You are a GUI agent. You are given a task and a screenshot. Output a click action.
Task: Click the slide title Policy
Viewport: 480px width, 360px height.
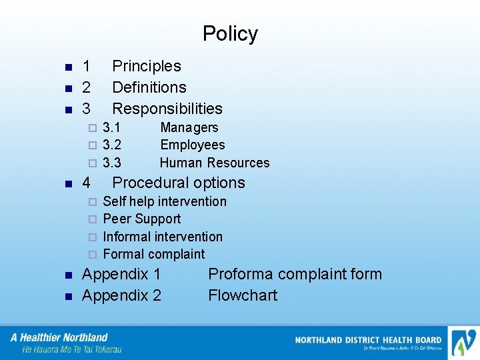coord(230,34)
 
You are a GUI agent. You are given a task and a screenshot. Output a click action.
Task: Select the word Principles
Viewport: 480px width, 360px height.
coord(147,66)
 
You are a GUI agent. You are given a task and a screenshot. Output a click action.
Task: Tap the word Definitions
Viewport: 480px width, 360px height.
coord(149,87)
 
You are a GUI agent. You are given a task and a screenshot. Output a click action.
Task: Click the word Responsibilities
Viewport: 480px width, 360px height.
coord(167,109)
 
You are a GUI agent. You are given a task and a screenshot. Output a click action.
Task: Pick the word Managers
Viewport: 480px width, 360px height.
coord(189,127)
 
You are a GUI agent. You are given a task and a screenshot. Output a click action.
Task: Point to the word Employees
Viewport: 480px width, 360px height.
coord(193,145)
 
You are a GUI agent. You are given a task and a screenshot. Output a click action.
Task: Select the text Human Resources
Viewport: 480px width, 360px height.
coord(215,163)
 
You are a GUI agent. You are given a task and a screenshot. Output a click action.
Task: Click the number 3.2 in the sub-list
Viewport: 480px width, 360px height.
coord(112,145)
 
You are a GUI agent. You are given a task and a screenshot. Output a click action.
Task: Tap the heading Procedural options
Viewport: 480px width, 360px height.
coord(179,183)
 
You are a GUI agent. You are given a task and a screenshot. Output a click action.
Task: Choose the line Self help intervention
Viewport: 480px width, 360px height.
coord(165,201)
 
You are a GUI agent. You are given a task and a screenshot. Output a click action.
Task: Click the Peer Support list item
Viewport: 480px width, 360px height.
coord(142,219)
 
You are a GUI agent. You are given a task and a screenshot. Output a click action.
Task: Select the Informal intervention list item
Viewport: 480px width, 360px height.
coord(163,237)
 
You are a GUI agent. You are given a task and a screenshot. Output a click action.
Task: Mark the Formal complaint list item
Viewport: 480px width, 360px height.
coord(154,254)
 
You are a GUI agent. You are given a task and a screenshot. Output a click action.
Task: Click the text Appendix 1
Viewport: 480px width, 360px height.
coord(121,274)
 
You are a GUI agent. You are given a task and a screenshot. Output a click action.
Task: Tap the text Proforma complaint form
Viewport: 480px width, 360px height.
coord(295,274)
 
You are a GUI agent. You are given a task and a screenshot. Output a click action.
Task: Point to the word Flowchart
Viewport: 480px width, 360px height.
coord(243,295)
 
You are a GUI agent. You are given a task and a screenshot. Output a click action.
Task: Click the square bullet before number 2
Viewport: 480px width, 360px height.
coord(67,88)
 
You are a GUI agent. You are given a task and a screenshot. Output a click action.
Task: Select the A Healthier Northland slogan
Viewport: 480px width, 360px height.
coord(59,337)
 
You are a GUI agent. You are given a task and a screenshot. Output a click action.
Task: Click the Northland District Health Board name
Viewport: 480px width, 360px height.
coord(368,340)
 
